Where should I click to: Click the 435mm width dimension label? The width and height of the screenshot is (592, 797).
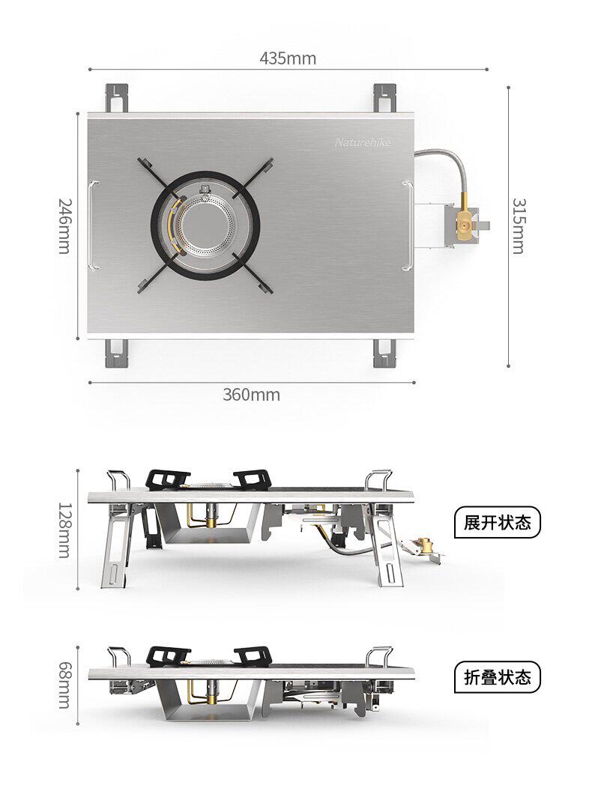coord(288,58)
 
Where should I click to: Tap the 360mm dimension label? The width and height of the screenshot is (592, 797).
coord(251,395)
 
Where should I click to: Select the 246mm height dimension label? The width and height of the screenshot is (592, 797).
coord(65,225)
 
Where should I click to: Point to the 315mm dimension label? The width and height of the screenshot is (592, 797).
coord(519,225)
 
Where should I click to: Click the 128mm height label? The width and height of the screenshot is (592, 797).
coord(65,530)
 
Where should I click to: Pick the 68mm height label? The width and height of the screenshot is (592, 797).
coord(65,685)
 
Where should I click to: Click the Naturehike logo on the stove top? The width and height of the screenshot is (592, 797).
coord(363,142)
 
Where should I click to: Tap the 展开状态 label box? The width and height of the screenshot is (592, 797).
coord(497,523)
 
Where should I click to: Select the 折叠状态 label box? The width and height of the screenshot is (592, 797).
coord(497,677)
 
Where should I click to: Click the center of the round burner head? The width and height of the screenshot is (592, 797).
coord(206,225)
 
